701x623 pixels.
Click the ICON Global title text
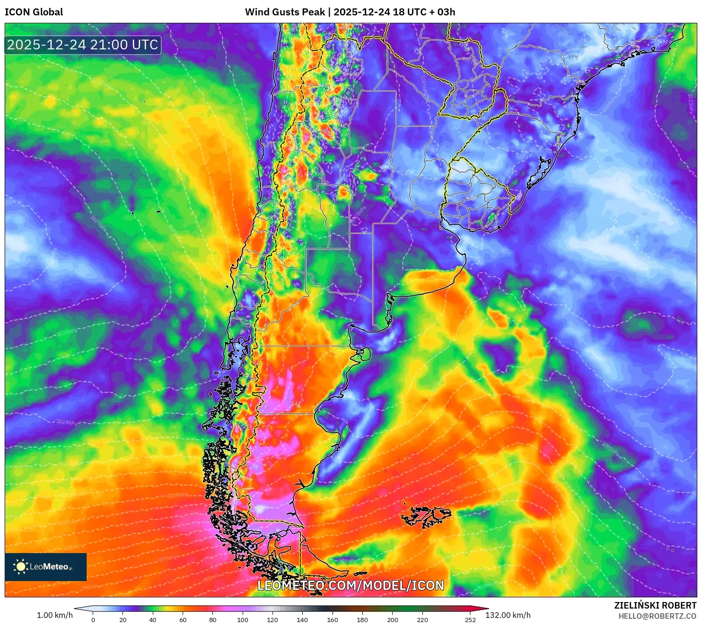[x=34, y=12]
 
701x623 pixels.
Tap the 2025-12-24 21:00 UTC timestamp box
[x=83, y=45]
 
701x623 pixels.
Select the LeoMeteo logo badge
[x=46, y=567]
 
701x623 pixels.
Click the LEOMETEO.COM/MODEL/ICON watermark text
[x=351, y=585]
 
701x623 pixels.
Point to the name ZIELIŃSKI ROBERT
[x=655, y=605]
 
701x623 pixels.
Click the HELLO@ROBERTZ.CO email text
[x=657, y=616]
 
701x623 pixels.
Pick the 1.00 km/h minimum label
[x=54, y=615]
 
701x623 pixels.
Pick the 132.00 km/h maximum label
[x=508, y=615]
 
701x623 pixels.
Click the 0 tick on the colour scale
[x=93, y=620]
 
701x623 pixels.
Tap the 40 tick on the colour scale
[x=153, y=620]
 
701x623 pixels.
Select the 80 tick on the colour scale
[x=213, y=620]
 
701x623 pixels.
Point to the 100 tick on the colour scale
[x=243, y=620]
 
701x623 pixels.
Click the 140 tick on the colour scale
[x=302, y=620]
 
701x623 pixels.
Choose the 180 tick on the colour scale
[x=362, y=620]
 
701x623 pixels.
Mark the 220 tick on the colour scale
[x=422, y=620]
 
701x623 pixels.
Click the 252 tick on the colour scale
[x=470, y=620]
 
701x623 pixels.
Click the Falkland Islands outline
[x=426, y=516]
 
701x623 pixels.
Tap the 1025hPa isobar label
[x=67, y=333]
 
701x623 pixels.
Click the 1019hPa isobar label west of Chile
[x=67, y=422]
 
